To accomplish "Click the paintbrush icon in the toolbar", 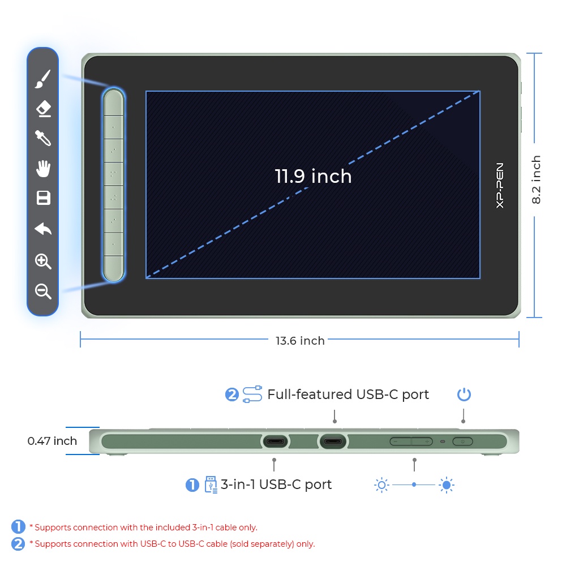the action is [42, 79].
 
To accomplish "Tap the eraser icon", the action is [44, 109].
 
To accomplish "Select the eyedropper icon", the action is [43, 138].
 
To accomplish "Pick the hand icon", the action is [44, 169].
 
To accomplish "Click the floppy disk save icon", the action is [44, 198].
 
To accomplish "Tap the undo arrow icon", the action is [43, 229].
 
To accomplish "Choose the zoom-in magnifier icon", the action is [43, 261].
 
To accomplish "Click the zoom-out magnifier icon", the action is [43, 291].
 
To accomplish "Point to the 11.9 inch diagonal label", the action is [313, 176].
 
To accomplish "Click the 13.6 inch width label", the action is [300, 341].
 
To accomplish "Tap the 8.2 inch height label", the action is [536, 180].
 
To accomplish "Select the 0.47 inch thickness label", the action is [52, 441].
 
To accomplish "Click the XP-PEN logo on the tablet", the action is [500, 185].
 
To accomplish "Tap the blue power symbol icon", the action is [464, 395].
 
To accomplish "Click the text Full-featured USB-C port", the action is [348, 395].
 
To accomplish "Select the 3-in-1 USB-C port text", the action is [276, 484].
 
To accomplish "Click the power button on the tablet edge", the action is [462, 441].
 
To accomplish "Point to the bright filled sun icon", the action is [447, 485].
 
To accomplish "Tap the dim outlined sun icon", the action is [381, 485].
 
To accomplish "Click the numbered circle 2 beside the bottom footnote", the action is [18, 544].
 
